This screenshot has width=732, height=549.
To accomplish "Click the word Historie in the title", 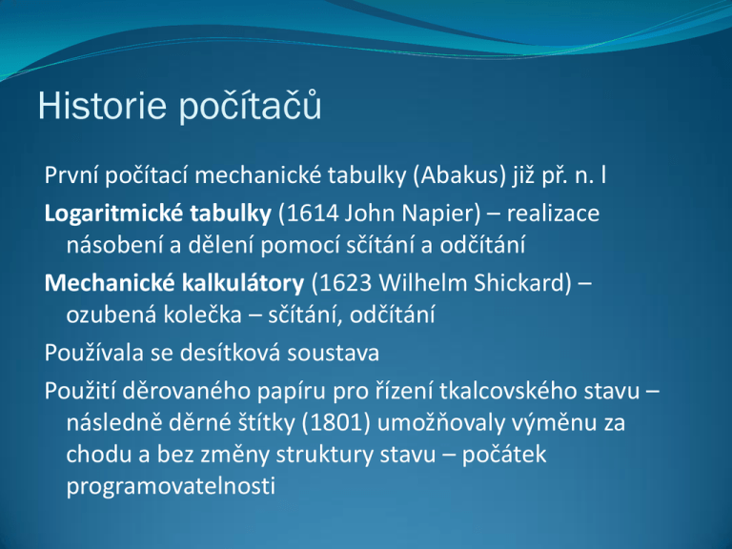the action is (102, 106).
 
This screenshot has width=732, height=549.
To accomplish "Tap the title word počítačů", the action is (251, 106).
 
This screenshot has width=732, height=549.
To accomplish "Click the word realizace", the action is (553, 213).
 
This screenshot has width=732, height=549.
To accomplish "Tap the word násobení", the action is (114, 245).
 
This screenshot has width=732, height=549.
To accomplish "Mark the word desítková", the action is (230, 353).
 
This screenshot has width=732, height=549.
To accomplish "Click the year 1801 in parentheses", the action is (336, 423).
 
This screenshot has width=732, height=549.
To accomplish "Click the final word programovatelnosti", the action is (171, 487).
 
